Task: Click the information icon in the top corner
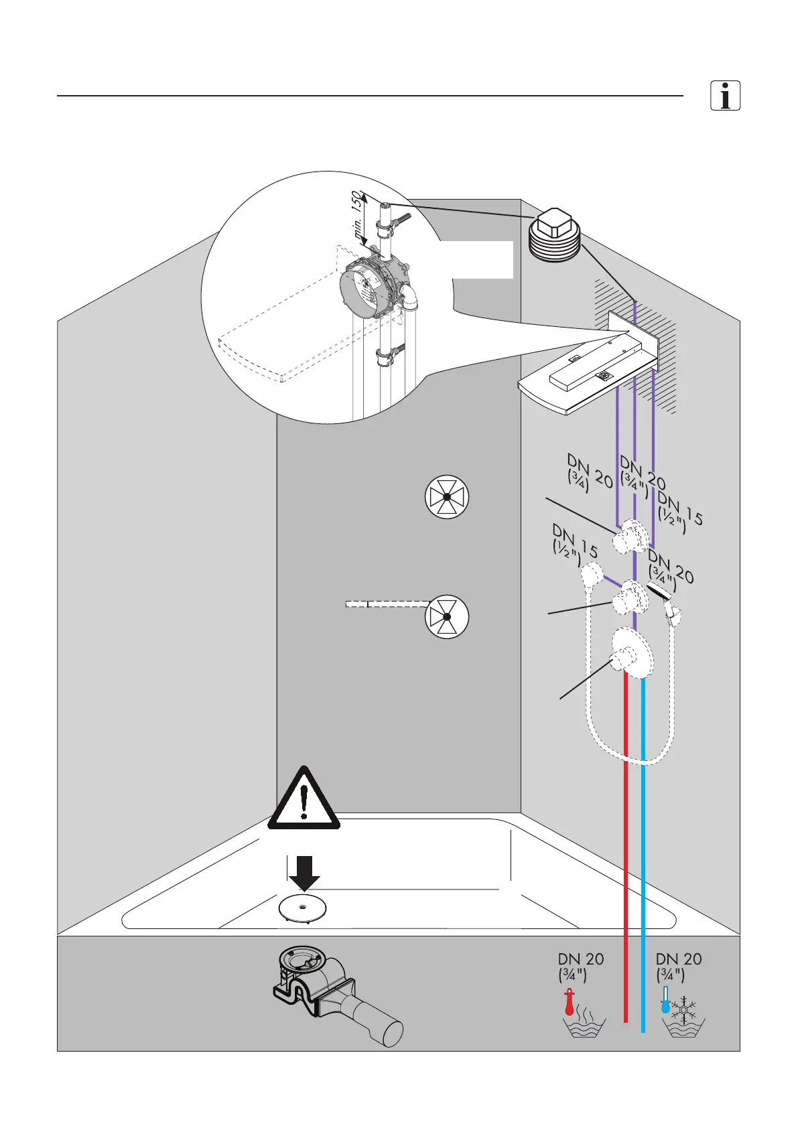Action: coord(725,96)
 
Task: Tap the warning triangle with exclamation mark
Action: coord(304,800)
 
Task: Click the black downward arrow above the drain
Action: coord(304,872)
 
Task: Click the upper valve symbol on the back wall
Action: coord(447,498)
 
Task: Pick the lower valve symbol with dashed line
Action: coord(447,616)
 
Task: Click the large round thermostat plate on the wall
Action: coord(632,654)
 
